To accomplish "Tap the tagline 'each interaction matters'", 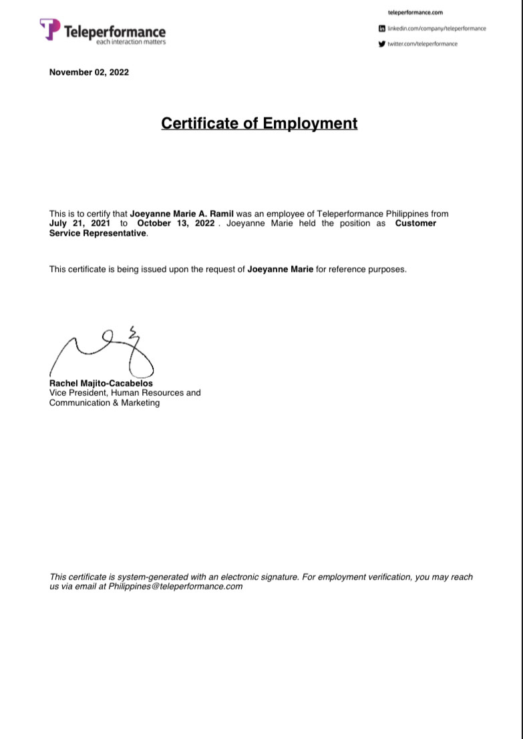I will [131, 42].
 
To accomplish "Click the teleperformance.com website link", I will [415, 13].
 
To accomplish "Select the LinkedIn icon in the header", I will [382, 29].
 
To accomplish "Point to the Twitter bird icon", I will [382, 44].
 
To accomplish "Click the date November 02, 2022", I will [89, 72].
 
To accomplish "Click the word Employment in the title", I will [310, 124].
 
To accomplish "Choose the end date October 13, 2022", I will [176, 223].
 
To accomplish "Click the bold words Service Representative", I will [98, 233].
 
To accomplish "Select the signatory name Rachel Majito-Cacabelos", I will [101, 384].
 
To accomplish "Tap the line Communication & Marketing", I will [104, 403].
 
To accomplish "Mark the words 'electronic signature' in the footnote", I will [259, 577].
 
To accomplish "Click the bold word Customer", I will [415, 223].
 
